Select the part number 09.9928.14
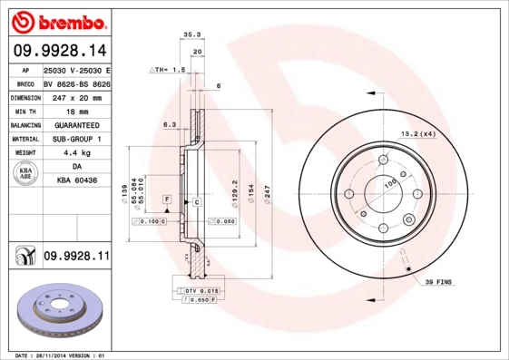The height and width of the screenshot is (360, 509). point(58,52)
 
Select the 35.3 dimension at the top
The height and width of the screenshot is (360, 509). point(191,34)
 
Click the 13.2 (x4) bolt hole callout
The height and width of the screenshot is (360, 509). point(418,133)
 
